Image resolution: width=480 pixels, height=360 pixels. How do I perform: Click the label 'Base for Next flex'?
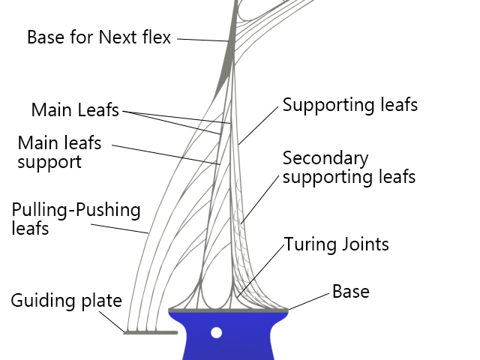pos(99,37)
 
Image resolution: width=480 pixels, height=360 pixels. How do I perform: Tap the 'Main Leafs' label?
pos(75,110)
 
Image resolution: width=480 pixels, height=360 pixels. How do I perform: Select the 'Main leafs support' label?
pos(59,151)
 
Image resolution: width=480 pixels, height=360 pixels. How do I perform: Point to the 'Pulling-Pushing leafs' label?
pos(76,218)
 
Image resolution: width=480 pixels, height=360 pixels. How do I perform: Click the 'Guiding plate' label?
pos(66,301)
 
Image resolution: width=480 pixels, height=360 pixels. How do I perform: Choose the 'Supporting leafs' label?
pos(349,105)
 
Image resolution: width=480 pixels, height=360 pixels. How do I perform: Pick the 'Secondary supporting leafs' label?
pos(349,168)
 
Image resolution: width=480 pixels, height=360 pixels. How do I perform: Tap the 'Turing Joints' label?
pos(336,244)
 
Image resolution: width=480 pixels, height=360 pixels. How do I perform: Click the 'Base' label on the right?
pos(351,291)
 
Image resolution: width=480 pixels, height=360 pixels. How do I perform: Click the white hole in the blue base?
pos(217,332)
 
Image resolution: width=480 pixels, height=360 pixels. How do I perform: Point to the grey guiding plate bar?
pos(150,332)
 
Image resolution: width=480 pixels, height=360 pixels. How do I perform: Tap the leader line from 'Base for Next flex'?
pos(202,39)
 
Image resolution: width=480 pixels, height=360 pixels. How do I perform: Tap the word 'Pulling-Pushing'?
pos(76,209)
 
